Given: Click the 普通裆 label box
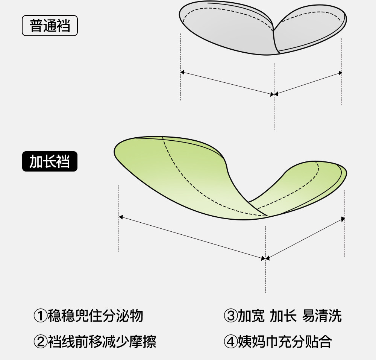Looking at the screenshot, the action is pyautogui.click(x=50, y=26).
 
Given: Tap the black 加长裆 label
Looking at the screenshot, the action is pyautogui.click(x=50, y=161).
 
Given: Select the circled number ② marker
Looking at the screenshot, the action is pyautogui.click(x=40, y=342).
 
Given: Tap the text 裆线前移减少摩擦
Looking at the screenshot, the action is pyautogui.click(x=102, y=342).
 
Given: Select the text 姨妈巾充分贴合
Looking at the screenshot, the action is pyautogui.click(x=285, y=342).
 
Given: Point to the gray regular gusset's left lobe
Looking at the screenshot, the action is pyautogui.click(x=226, y=30).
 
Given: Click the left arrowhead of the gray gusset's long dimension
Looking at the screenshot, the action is pyautogui.click(x=182, y=72).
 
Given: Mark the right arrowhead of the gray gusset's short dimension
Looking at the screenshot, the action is pyautogui.click(x=340, y=73).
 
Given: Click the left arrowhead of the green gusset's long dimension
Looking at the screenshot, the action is pyautogui.click(x=121, y=217).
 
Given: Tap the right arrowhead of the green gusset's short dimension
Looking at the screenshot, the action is pyautogui.click(x=343, y=219).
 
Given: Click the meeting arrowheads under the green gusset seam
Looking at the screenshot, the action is pyautogui.click(x=265, y=258).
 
